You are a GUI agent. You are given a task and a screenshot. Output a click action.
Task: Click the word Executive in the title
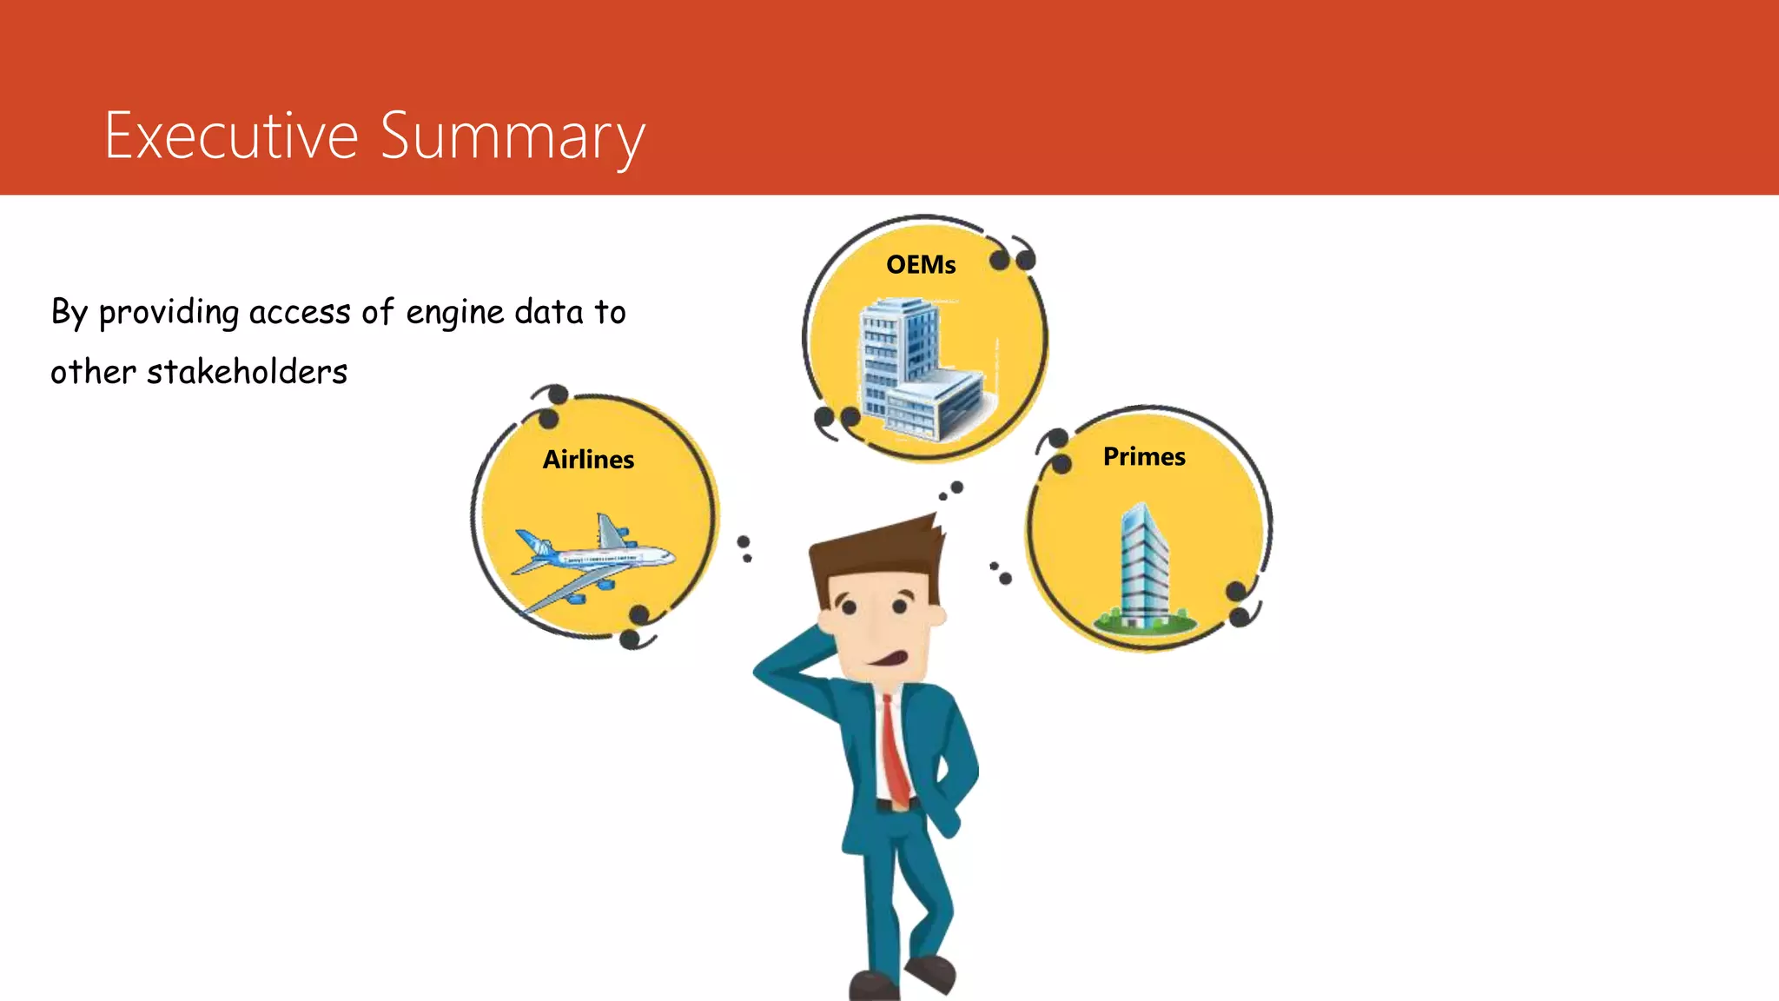(x=231, y=136)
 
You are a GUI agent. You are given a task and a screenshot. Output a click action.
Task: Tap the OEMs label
(x=921, y=265)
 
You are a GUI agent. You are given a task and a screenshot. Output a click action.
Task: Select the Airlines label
(x=588, y=460)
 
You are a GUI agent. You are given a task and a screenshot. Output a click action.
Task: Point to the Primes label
(x=1144, y=457)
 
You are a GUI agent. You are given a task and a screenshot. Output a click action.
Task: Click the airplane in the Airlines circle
(x=591, y=560)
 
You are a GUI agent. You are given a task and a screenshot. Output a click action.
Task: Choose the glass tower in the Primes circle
(x=1143, y=565)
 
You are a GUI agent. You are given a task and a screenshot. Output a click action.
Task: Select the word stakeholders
(x=247, y=373)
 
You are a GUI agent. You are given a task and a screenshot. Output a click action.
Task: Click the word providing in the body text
(x=169, y=313)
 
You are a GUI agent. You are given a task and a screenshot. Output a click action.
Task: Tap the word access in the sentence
(x=300, y=313)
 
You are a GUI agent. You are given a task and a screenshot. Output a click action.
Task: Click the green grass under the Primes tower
(x=1145, y=622)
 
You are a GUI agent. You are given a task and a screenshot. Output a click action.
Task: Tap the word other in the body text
(x=93, y=373)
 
